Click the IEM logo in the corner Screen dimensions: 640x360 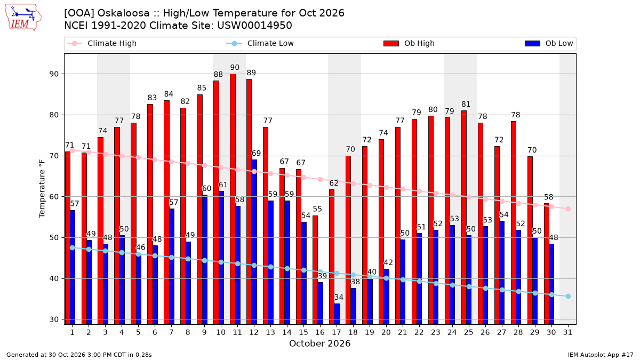[23, 18]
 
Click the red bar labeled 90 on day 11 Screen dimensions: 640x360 [233, 199]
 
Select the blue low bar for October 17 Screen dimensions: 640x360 [337, 314]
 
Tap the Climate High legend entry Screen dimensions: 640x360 [102, 43]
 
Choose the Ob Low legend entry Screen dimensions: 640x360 [549, 43]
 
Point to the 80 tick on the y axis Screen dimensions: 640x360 [54, 115]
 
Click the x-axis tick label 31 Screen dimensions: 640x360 [567, 332]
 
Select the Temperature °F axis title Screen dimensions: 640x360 [42, 189]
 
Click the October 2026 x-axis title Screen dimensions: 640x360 [319, 343]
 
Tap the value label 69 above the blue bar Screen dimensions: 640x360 [256, 153]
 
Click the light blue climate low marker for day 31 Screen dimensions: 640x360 [569, 297]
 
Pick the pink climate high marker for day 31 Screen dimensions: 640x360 [569, 209]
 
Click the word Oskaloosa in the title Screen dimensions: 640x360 [123, 13]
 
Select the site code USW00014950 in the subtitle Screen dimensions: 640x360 [254, 26]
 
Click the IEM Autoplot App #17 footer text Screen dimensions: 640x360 [601, 355]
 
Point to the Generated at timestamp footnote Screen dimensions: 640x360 [79, 355]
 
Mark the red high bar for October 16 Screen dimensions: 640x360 [315, 270]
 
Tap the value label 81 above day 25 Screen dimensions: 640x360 [466, 105]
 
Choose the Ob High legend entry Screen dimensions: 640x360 [409, 43]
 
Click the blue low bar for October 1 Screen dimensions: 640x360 [73, 267]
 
